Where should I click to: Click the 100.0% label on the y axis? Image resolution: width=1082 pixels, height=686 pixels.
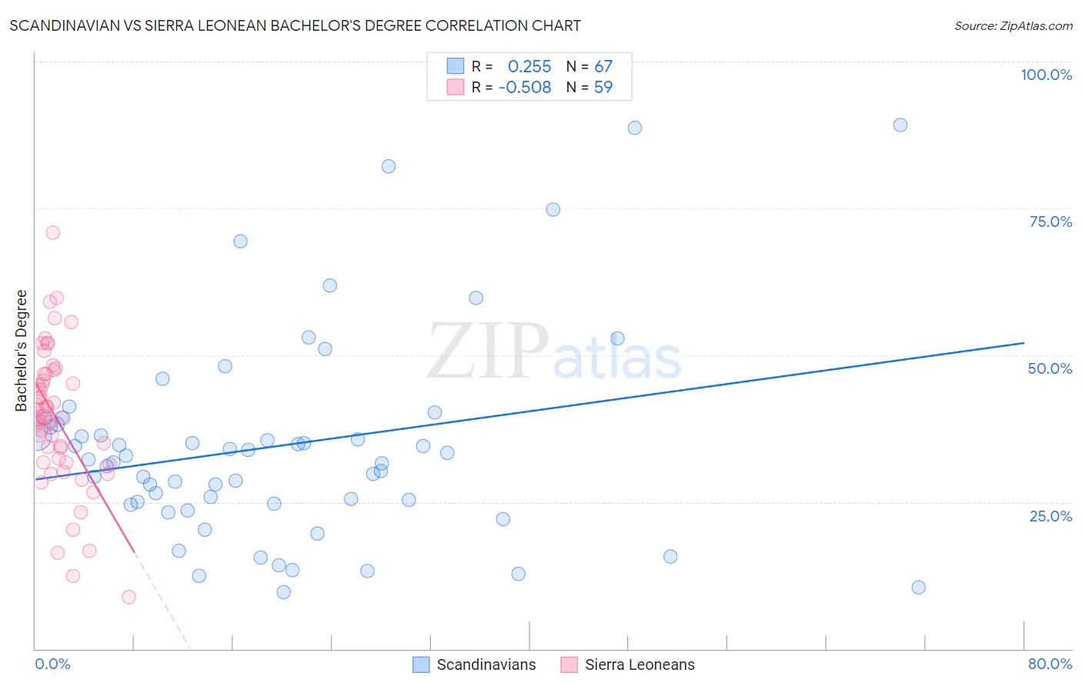click(1046, 75)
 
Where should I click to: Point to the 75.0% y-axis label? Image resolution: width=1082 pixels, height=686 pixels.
click(1050, 221)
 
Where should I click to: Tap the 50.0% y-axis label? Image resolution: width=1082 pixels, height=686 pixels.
click(1050, 368)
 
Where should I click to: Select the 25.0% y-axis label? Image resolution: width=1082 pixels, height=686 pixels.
click(1050, 515)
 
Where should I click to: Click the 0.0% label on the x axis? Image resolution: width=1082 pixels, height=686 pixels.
click(52, 664)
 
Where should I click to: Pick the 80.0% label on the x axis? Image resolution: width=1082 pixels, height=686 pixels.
click(1050, 664)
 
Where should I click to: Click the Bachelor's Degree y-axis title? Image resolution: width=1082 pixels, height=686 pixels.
click(22, 351)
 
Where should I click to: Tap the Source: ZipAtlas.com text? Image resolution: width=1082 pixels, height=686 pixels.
click(1013, 25)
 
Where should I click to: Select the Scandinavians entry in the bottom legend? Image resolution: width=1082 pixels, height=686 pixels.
click(486, 664)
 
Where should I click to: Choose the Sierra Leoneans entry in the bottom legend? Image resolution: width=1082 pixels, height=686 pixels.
click(639, 664)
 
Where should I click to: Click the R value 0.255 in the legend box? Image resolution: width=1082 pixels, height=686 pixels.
click(529, 67)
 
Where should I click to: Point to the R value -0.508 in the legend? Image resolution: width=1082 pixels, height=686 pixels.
click(525, 88)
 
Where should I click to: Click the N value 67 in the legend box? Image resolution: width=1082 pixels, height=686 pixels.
click(603, 67)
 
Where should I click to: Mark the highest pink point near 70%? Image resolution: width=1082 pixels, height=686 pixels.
click(52, 232)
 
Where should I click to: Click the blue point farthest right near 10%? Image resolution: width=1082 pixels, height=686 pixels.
click(918, 588)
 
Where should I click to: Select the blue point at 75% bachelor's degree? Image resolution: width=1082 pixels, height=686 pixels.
click(553, 210)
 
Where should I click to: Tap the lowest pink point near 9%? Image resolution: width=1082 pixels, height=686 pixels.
click(129, 597)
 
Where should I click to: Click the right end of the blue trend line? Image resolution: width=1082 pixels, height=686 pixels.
click(1024, 343)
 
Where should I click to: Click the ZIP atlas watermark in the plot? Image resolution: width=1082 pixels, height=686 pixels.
click(553, 352)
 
